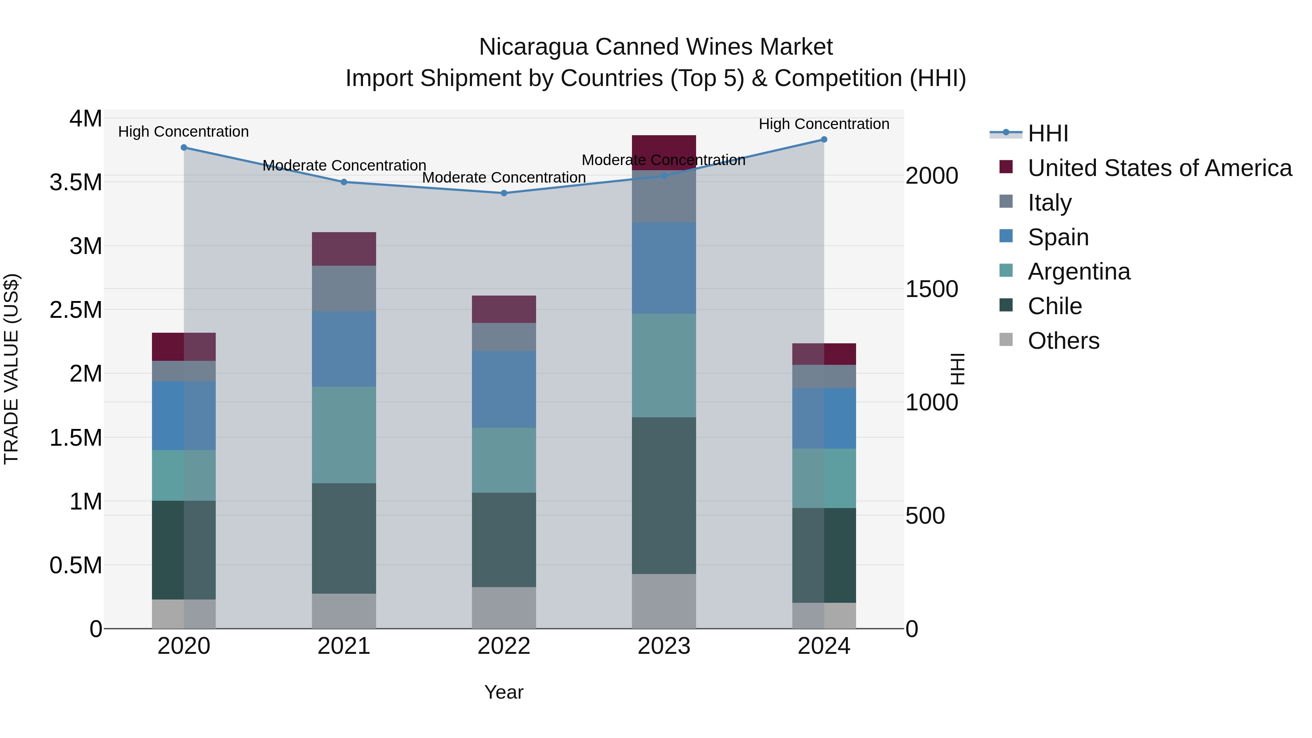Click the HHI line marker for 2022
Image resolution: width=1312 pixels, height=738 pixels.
pos(504,193)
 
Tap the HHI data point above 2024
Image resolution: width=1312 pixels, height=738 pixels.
pos(824,140)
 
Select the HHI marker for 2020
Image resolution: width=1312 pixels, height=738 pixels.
pos(184,148)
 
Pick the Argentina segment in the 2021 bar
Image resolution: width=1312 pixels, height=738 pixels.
pos(344,434)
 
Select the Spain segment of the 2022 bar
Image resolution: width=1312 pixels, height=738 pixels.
pos(504,389)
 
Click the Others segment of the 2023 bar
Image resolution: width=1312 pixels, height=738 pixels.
pos(664,601)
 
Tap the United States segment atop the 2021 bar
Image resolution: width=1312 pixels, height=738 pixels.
pos(344,249)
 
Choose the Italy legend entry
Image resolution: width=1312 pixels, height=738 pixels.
pos(1049,203)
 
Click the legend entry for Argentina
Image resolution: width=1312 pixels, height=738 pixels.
pos(1079,272)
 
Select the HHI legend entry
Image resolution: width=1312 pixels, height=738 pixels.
pos(1048,133)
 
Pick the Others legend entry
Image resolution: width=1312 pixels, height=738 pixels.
pos(1063,341)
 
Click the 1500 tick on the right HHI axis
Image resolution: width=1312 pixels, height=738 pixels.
pos(932,289)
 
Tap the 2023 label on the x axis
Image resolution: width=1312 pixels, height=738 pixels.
pos(664,646)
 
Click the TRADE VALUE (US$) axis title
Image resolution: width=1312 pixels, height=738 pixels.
pos(12,369)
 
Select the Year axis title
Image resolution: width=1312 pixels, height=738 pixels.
pos(504,692)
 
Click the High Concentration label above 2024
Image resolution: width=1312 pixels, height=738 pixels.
pos(824,124)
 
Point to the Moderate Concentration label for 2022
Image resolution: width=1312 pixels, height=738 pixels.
pos(504,178)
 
